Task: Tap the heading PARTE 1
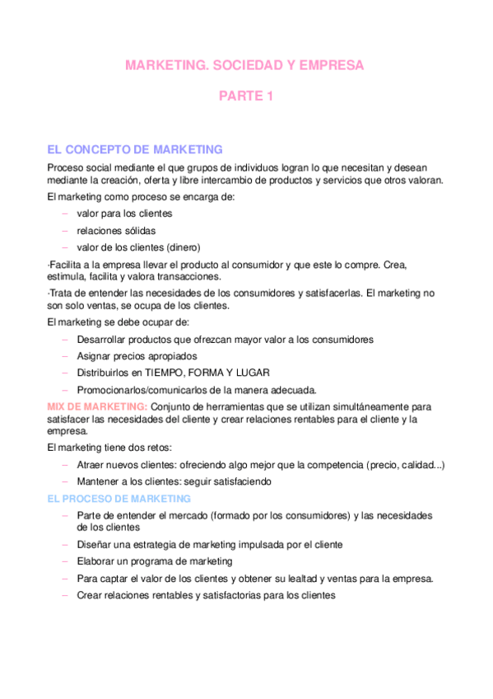[245, 96]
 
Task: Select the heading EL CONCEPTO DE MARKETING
[135, 149]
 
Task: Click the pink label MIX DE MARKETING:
[98, 406]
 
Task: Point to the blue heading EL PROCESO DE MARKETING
[119, 499]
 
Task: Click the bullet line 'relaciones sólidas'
[116, 231]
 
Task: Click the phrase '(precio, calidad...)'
[398, 465]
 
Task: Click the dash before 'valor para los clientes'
[66, 213]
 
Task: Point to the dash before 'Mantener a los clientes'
[66, 481]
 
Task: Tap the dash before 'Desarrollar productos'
[66, 339]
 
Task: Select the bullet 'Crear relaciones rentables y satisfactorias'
[206, 594]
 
